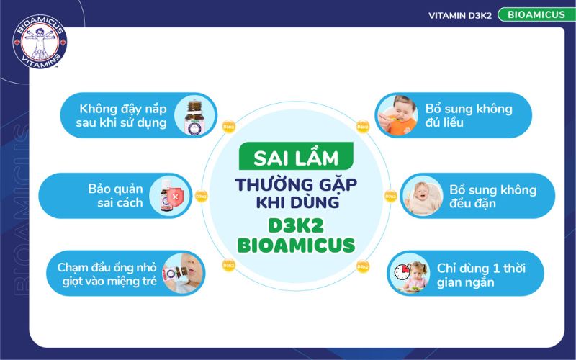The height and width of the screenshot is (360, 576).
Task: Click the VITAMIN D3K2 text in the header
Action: pyautogui.click(x=460, y=15)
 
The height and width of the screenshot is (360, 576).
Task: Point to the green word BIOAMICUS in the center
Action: pyautogui.click(x=296, y=246)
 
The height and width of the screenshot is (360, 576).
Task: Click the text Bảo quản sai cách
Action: pyautogui.click(x=120, y=195)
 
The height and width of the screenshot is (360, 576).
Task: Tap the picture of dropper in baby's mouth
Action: pyautogui.click(x=181, y=274)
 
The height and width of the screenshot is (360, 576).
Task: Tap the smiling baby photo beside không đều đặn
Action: pyautogui.click(x=423, y=195)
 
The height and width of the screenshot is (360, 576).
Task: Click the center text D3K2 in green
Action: pyautogui.click(x=296, y=222)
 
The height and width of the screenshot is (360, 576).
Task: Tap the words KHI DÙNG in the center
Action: pyautogui.click(x=296, y=203)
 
